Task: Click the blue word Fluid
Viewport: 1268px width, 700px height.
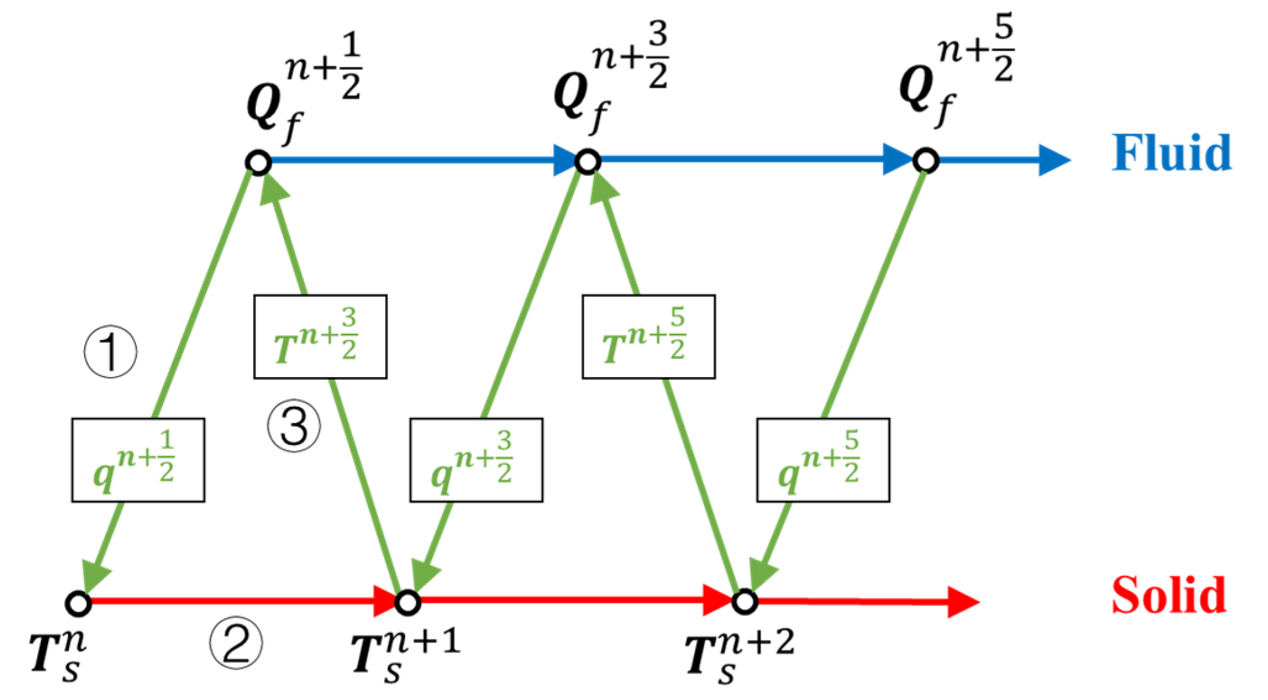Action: pyautogui.click(x=1171, y=153)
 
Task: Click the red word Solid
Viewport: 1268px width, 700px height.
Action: pyautogui.click(x=1169, y=595)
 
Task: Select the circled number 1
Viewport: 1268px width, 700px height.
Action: pyautogui.click(x=111, y=351)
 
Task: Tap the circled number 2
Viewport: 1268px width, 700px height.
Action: pyautogui.click(x=236, y=643)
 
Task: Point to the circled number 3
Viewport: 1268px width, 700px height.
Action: pyautogui.click(x=294, y=426)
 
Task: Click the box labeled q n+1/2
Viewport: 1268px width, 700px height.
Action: pyautogui.click(x=138, y=460)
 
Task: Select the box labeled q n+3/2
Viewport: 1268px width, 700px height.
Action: pyautogui.click(x=476, y=460)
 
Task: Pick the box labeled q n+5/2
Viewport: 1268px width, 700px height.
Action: pyautogui.click(x=823, y=460)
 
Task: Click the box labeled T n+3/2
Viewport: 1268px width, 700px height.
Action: pyautogui.click(x=320, y=337)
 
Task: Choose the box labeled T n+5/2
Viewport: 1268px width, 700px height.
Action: pyautogui.click(x=649, y=337)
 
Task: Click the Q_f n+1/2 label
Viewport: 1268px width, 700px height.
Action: pyautogui.click(x=302, y=90)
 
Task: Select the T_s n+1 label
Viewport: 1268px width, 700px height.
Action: pyautogui.click(x=404, y=656)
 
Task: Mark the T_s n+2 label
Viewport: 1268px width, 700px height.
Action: pyautogui.click(x=739, y=656)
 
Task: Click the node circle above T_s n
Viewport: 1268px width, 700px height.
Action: pyautogui.click(x=78, y=603)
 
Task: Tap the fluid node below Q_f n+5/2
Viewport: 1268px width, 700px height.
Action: pyautogui.click(x=926, y=160)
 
